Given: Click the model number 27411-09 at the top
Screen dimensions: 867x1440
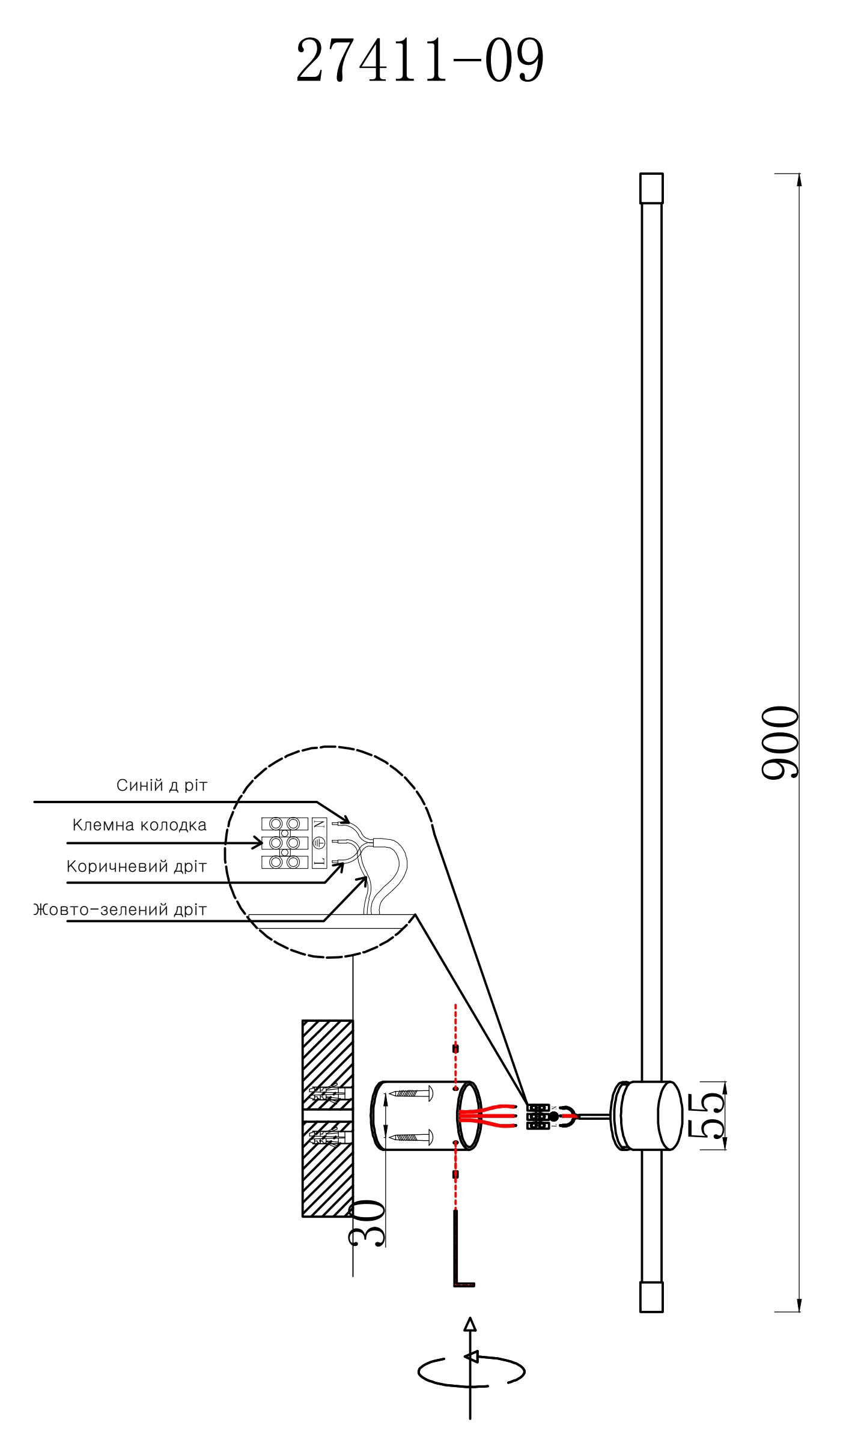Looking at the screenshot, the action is coord(420,59).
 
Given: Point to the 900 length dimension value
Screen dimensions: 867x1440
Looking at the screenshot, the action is coord(780,743).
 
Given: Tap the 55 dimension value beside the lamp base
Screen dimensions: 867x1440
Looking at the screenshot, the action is coord(707,1115).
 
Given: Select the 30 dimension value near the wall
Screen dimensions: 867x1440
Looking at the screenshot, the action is coord(366,1223).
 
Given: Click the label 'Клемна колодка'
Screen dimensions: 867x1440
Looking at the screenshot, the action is coord(139,825).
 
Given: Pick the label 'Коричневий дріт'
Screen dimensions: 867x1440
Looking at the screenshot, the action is coord(136,866).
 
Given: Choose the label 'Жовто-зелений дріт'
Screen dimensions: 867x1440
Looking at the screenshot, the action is coord(120,910).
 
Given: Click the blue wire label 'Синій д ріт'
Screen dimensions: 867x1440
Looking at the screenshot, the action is coord(162,785).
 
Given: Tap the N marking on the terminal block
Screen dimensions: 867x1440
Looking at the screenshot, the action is coord(320,824).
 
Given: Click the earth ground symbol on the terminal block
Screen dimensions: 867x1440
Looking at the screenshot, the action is coord(320,843).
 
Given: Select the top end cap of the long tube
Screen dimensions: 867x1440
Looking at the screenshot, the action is coord(651,188).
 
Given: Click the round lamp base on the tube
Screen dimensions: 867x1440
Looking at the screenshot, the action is coord(647,1116).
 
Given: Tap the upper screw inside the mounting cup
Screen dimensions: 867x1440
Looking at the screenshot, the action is coord(411,1093).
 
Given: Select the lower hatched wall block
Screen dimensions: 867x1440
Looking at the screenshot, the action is coord(327,1168).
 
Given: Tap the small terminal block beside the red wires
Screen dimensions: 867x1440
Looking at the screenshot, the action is coord(538,1116).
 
